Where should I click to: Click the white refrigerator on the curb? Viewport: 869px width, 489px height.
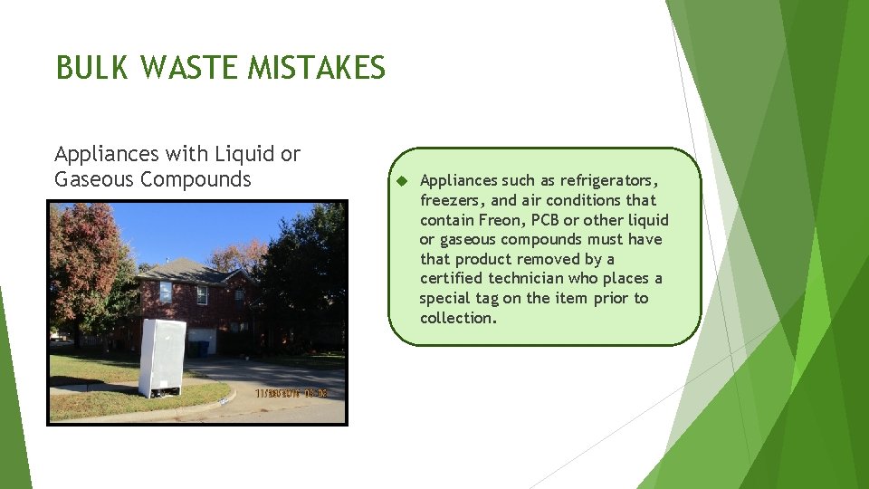(x=162, y=357)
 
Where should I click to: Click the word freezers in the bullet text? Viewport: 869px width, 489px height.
(x=451, y=200)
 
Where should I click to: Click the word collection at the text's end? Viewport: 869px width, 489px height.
(x=457, y=319)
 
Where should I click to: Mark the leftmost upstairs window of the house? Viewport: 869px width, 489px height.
(x=166, y=292)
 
